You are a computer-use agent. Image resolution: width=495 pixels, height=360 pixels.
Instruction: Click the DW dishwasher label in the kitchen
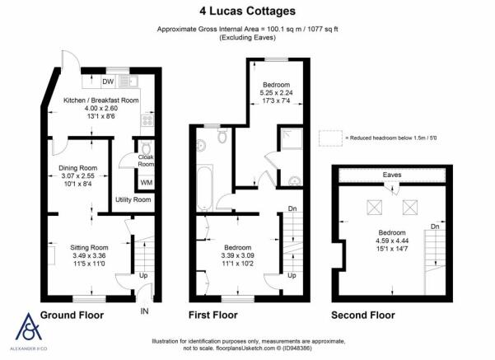point(108,82)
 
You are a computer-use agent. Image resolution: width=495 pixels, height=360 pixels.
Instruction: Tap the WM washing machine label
point(146,183)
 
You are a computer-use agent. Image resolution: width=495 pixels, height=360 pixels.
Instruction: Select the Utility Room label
point(133,199)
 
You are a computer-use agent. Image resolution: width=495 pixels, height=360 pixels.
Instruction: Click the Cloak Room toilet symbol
point(146,147)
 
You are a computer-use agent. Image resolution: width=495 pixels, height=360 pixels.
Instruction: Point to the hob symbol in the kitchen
point(147,120)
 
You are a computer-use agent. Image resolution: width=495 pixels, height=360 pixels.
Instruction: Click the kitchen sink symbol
point(128,82)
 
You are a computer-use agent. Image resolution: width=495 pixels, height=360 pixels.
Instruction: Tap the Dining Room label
point(78,168)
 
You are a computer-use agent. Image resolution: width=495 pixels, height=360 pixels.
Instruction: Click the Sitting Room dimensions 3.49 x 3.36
point(89,255)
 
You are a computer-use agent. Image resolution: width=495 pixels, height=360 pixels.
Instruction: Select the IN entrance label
point(144,311)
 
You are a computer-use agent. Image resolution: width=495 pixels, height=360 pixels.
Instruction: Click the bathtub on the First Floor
point(204,188)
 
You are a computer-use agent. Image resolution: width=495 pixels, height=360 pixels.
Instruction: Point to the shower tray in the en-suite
point(291,138)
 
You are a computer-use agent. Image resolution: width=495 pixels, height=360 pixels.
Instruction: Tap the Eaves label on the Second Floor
point(392,175)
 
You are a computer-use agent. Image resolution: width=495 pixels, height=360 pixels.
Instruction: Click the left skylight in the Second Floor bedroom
point(375,208)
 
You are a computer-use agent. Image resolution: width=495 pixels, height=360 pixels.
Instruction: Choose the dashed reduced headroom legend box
point(330,138)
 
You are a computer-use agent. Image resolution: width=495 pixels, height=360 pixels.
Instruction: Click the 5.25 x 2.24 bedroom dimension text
point(276,93)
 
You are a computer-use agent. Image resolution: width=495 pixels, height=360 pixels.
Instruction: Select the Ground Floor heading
point(72,316)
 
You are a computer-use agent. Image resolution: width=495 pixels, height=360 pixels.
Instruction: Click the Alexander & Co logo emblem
point(29,327)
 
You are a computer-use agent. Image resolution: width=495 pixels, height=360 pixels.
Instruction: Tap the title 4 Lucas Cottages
point(247,11)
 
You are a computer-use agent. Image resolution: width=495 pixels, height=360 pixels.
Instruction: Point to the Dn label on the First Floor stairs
point(292,208)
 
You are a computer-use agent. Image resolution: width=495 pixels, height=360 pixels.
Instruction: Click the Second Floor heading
point(363,316)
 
